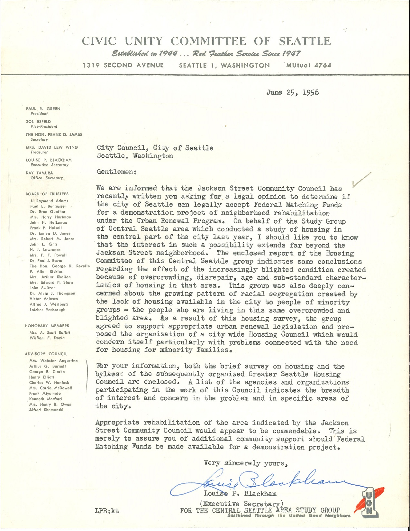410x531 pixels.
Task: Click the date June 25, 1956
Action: (292, 92)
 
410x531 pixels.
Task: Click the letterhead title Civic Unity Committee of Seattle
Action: (206, 41)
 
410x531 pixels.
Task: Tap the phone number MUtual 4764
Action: (309, 65)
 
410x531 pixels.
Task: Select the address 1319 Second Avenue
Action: (123, 65)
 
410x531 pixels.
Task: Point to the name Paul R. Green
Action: (43, 109)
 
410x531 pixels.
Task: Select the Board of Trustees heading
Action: (47, 194)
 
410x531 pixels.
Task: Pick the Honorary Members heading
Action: (47, 326)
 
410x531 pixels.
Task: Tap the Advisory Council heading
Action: (46, 354)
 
